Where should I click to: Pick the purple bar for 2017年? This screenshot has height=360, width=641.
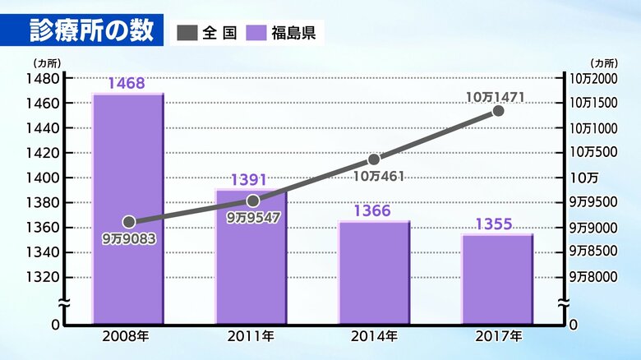point(496,279)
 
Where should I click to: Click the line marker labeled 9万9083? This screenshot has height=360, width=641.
point(129,222)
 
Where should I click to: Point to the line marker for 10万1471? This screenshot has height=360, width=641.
point(497,111)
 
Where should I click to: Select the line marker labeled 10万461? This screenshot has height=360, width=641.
point(374,159)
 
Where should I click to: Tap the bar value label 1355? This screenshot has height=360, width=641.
point(496,224)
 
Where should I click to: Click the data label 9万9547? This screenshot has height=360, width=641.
point(252,218)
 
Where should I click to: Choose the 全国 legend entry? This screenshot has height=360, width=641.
point(209,33)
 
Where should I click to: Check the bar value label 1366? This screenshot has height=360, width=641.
point(372,211)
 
